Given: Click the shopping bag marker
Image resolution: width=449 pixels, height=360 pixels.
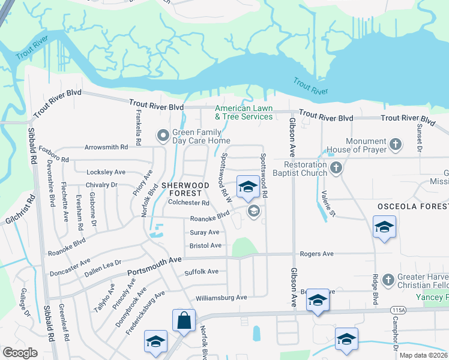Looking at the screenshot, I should pyautogui.click(x=184, y=320).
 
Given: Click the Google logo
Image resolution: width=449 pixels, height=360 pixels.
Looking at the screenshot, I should pyautogui.click(x=20, y=352).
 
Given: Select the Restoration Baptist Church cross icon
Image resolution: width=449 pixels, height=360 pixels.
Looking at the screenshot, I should pyautogui.click(x=336, y=169).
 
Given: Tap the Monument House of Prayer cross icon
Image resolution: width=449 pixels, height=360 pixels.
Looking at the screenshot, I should pyautogui.click(x=395, y=144).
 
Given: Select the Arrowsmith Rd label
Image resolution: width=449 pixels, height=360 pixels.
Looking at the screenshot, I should pyautogui.click(x=107, y=146).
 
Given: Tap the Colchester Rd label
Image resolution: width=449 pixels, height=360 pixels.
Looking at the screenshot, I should pyautogui.click(x=188, y=202).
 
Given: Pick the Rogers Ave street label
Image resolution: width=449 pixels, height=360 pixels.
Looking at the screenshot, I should pyautogui.click(x=317, y=254).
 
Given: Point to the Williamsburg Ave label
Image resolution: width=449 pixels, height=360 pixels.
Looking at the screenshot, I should pyautogui.click(x=221, y=298).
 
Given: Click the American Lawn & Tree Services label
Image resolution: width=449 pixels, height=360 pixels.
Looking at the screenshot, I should pyautogui.click(x=244, y=112).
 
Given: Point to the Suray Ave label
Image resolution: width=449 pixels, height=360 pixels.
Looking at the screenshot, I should pyautogui.click(x=205, y=232).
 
